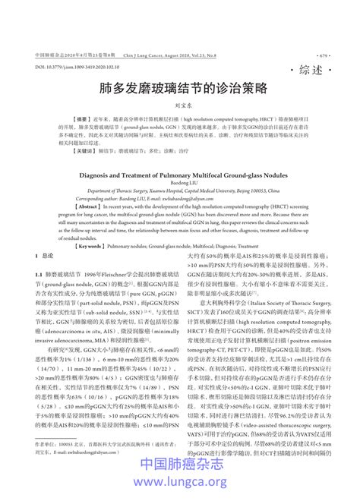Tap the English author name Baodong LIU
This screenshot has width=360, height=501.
coord(179,182)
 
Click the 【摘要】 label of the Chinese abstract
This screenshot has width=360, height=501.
coord(82,120)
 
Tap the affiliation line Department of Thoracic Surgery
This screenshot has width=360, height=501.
coord(179,191)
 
